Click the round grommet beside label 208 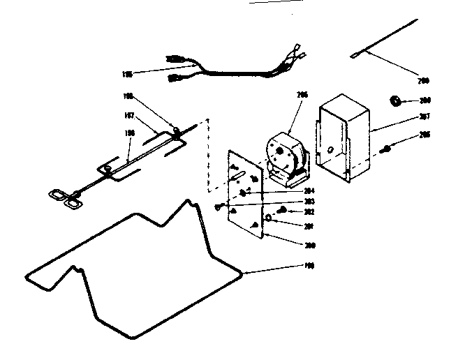point(395,102)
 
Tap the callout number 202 point(306,211)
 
